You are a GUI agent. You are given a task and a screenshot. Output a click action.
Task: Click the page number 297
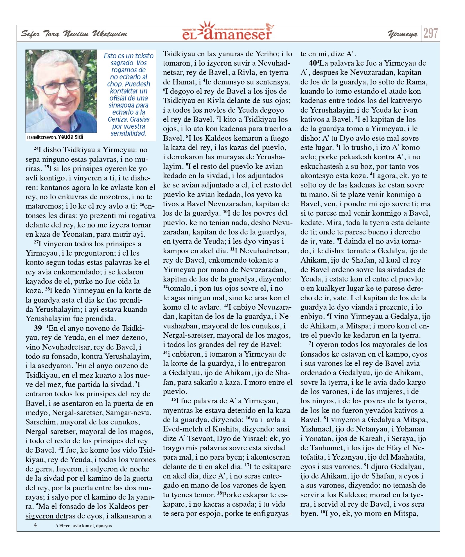pyautogui.click(x=430, y=33)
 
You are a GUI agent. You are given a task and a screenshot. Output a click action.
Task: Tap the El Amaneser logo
pyautogui.click(x=227, y=32)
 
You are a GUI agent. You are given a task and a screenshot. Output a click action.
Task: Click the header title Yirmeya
pyautogui.click(x=402, y=34)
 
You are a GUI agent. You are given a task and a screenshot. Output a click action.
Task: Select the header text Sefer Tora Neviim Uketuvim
pyautogui.click(x=74, y=34)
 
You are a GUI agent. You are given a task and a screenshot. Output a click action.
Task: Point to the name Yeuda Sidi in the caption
pyautogui.click(x=70, y=137)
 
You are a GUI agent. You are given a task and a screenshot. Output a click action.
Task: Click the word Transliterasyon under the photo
pyautogui.click(x=42, y=137)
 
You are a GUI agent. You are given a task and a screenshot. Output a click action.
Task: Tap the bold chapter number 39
pyautogui.click(x=38, y=328)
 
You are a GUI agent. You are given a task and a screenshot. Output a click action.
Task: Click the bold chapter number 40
pyautogui.click(x=313, y=63)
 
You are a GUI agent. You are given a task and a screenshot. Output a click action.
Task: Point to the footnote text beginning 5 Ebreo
pyautogui.click(x=83, y=525)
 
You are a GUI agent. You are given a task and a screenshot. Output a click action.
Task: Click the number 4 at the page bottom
pyautogui.click(x=35, y=525)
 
